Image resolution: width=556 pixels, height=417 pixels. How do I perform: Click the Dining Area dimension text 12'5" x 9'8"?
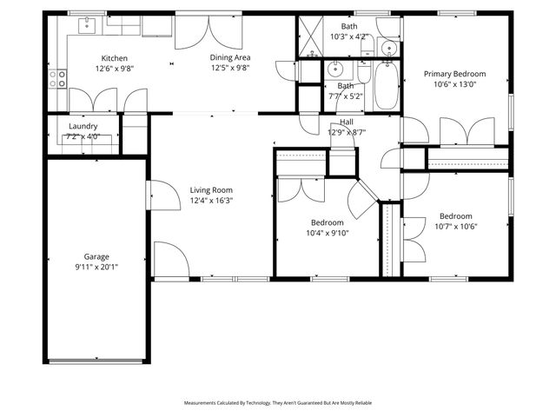[x=229, y=68]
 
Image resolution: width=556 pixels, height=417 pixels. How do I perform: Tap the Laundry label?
[x=83, y=126]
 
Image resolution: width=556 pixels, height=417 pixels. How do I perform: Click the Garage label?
[x=96, y=256]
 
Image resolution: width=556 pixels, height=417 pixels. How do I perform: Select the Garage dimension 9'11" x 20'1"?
[x=96, y=268]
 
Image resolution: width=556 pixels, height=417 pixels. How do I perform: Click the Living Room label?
[x=212, y=189]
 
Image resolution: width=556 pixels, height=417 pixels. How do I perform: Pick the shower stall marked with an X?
[x=310, y=36]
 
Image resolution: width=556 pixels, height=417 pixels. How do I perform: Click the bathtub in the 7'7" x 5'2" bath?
[x=386, y=87]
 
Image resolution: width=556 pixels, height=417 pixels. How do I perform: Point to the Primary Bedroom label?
[x=454, y=74]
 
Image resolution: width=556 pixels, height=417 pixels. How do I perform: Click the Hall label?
[x=347, y=122]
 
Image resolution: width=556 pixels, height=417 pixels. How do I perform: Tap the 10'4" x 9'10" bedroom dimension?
[x=327, y=233]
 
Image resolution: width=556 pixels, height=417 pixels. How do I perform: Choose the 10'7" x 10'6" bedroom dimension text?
[x=455, y=227]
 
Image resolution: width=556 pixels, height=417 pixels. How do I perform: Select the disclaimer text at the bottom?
[x=277, y=403]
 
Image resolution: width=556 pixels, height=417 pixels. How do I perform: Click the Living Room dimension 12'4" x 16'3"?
[x=212, y=201]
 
